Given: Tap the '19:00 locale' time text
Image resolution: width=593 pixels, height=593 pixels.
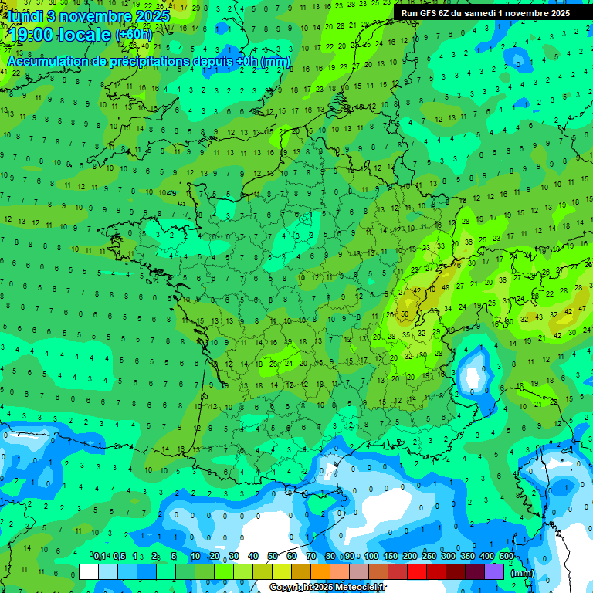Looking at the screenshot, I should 58,35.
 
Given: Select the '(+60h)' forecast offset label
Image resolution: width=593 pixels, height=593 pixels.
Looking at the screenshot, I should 134,35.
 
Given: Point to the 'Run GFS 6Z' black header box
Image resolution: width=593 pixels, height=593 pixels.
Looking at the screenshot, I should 486,13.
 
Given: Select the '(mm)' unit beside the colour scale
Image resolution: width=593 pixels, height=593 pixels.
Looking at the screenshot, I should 523,573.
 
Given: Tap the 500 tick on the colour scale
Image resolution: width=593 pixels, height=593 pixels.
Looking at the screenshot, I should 507,556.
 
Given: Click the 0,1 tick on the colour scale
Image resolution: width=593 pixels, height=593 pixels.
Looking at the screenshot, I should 100,556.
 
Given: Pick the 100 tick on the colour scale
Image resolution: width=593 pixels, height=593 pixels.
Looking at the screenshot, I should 371,556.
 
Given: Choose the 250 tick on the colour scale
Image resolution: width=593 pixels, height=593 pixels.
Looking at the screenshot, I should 429,556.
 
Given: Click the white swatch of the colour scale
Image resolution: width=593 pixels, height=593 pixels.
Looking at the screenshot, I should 89,571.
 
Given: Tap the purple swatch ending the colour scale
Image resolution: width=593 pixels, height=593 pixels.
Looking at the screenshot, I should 494,571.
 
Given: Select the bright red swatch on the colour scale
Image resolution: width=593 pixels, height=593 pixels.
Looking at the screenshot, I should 417,571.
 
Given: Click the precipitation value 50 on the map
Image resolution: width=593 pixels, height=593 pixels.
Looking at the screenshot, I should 405,314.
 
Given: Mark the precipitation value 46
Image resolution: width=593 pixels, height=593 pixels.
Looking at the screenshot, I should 457,265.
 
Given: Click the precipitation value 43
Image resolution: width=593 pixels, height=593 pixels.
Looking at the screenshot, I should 540,316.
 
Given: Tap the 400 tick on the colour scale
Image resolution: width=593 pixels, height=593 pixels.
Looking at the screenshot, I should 486,556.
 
